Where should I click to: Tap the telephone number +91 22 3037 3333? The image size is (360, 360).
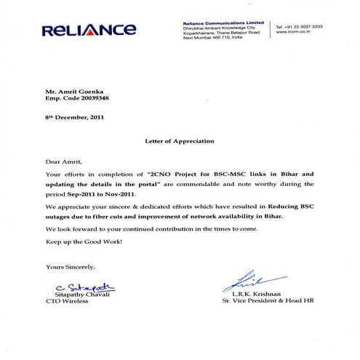pyautogui.click(x=299, y=26)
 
